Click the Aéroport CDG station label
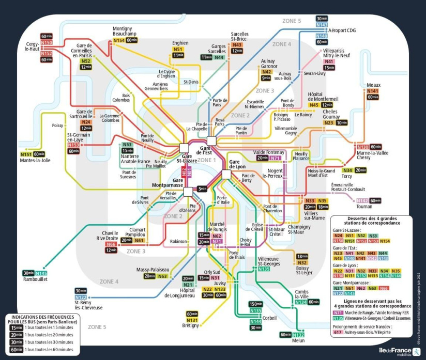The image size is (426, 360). pos(342,30)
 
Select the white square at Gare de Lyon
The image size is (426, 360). pos(226,175)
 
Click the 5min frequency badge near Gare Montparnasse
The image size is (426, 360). pos(202,189)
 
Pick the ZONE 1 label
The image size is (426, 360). pos(205,161)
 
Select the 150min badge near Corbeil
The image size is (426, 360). pos(256,304)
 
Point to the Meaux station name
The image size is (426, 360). pos(373,85)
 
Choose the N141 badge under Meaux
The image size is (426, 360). pos(373,91)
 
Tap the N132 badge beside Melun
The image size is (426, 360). pos(298,335)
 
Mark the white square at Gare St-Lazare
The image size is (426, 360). pos(184,148)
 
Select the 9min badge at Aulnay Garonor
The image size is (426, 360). pos(266,78)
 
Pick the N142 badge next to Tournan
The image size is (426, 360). pos(362,200)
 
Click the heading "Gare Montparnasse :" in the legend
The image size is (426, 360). pos(352,283)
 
